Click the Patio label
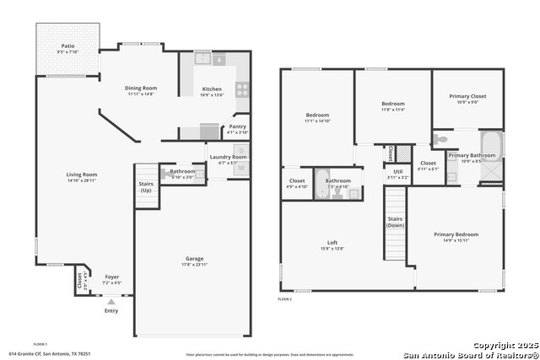pos(66,46)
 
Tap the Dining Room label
pos(141,88)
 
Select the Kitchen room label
pos(212,89)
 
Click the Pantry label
pos(238,126)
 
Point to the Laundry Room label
pos(227,157)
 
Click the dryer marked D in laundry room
pos(241,151)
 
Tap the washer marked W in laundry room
pos(241,168)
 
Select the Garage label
pos(195,258)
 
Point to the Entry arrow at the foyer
pos(111,298)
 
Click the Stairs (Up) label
pos(145,187)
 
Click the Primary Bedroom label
pos(456,234)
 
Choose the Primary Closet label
pos(467,96)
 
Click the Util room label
pos(397,172)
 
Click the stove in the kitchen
pos(241,89)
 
